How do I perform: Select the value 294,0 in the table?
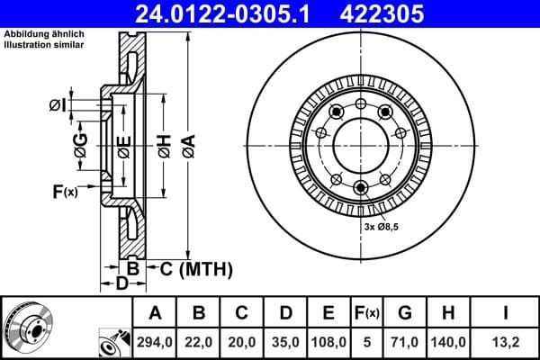click(155, 343)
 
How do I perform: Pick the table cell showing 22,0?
click(199, 343)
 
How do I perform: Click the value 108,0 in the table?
click(328, 343)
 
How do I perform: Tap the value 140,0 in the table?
click(449, 343)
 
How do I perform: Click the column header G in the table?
click(405, 313)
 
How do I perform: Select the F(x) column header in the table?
click(367, 313)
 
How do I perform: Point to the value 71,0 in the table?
click(405, 343)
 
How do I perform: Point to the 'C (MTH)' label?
click(190, 268)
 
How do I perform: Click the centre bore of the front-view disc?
click(360, 144)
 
